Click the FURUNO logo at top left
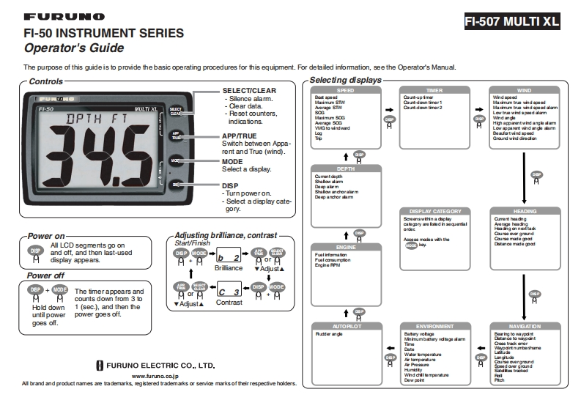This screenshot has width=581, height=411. click(x=64, y=16)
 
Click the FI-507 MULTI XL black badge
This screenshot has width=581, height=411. click(x=511, y=21)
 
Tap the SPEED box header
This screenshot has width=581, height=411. click(x=345, y=90)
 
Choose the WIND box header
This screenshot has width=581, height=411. click(x=524, y=90)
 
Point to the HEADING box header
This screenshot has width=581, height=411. click(x=525, y=212)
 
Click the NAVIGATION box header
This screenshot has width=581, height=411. click(x=525, y=326)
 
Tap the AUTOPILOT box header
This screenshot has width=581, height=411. click(x=345, y=326)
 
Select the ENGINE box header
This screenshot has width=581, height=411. click(x=345, y=248)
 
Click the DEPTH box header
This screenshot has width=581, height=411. click(x=345, y=169)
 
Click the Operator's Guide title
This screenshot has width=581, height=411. click(x=74, y=48)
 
